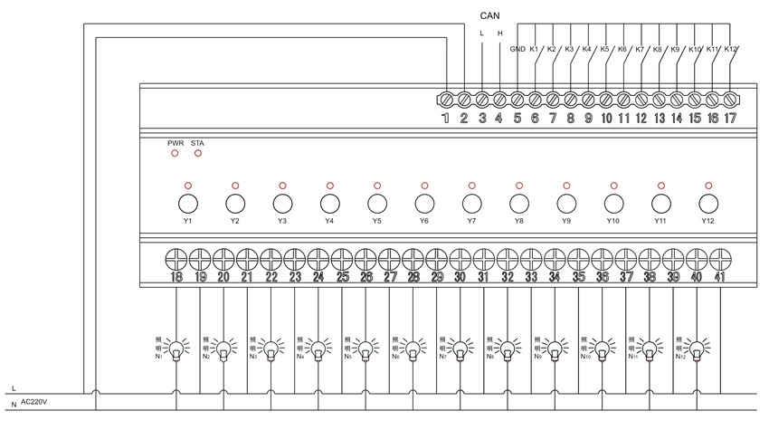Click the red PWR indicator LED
175,153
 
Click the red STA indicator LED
198,153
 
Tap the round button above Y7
471,202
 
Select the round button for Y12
707,202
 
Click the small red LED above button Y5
376,185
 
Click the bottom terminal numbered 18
176,257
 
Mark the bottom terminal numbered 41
720,257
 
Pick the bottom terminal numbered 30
460,257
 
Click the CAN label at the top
490,14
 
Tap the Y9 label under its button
566,221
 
